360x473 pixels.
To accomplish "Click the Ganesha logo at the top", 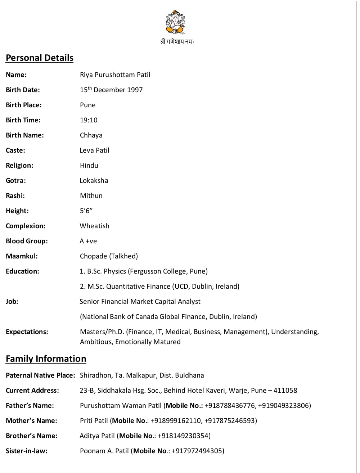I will (x=176, y=22).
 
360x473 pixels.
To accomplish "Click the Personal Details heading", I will (x=40, y=58).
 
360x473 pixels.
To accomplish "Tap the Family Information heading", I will (x=46, y=359).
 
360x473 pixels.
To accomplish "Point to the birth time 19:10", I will (x=89, y=120).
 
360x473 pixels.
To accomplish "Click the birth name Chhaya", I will (x=91, y=135).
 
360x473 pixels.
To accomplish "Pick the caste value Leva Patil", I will (x=94, y=150).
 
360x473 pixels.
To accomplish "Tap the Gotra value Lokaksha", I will (x=94, y=181).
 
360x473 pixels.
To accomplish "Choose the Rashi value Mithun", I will (x=91, y=196).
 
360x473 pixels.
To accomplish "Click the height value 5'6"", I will (x=86, y=211).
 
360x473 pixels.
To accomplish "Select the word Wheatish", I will (x=94, y=226).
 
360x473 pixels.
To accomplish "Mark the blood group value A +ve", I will (x=88, y=241).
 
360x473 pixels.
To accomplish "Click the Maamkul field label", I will (x=22, y=256).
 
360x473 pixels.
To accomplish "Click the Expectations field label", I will (x=27, y=332).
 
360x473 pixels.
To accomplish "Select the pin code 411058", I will (x=285, y=391).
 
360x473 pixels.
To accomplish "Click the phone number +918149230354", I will (x=183, y=436).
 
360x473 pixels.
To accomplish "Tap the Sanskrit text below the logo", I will (x=177, y=42).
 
